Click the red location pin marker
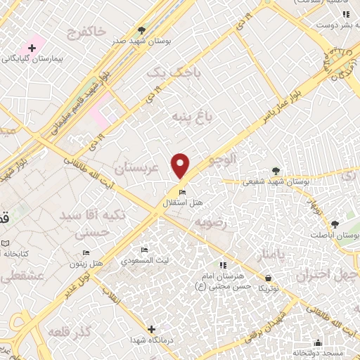(x=181, y=165)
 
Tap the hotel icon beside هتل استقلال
(x=182, y=193)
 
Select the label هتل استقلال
(x=183, y=202)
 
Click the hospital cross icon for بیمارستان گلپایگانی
(x=31, y=48)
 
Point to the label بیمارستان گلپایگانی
(x=32, y=60)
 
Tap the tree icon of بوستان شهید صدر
(x=141, y=30)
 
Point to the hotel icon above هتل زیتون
(x=86, y=252)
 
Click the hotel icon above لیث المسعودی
(x=144, y=250)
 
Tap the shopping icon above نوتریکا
(x=267, y=278)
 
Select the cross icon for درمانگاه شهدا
(x=151, y=329)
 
